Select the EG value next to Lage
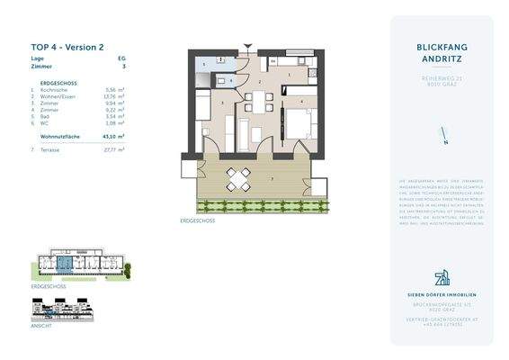122,57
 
